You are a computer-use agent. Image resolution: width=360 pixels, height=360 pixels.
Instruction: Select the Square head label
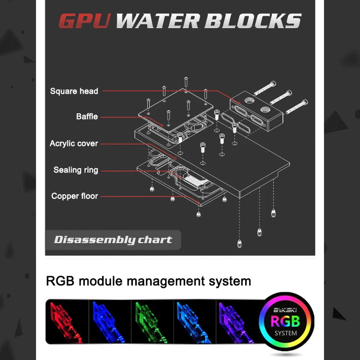pyautogui.click(x=74, y=91)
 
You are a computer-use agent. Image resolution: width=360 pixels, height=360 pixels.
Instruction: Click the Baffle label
pyautogui.click(x=87, y=117)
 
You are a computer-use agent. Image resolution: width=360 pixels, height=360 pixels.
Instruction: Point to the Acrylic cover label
pyautogui.click(x=74, y=144)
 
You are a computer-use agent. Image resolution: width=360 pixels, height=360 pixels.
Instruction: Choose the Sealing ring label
pyautogui.click(x=76, y=170)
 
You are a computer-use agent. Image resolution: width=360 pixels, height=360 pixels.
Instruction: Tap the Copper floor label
pyautogui.click(x=75, y=196)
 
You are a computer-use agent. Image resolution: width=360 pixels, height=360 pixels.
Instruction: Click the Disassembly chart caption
pyautogui.click(x=113, y=240)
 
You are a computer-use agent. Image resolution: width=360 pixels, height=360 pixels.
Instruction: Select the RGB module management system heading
pyautogui.click(x=148, y=281)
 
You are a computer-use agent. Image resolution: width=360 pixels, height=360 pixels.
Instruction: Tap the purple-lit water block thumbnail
pyautogui.click(x=236, y=321)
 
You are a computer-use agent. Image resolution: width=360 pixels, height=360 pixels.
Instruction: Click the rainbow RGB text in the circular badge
pyautogui.click(x=285, y=321)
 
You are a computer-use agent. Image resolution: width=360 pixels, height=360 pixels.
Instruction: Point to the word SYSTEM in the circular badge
pyautogui.click(x=285, y=333)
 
